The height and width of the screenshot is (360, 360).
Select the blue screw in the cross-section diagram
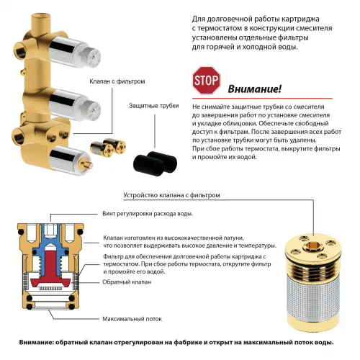coord(53,235)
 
